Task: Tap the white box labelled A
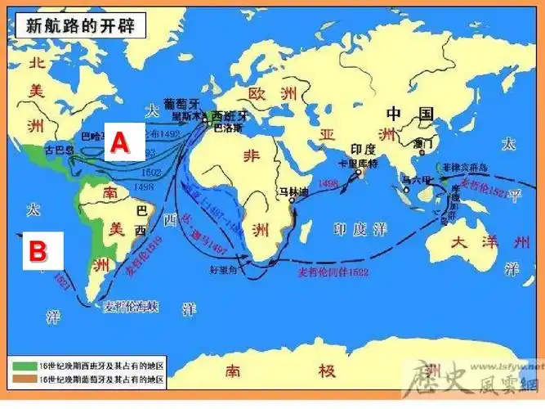[119, 142]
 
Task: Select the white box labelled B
[38, 250]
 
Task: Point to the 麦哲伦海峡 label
[132, 307]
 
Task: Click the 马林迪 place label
[291, 191]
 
